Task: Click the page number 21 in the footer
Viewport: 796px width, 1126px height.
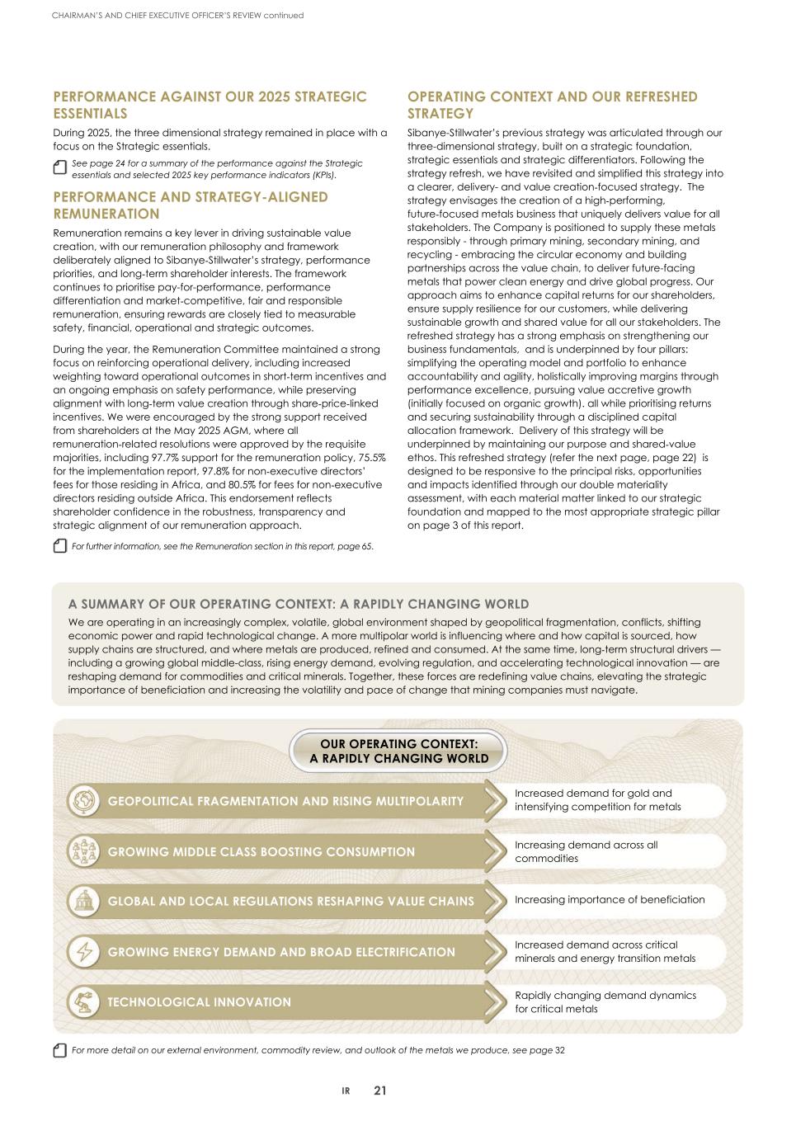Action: click(379, 1091)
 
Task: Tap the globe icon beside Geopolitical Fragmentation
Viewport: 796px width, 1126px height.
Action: click(83, 801)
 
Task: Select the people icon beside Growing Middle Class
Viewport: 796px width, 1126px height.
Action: click(83, 851)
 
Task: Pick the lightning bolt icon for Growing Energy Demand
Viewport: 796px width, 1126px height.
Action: click(83, 952)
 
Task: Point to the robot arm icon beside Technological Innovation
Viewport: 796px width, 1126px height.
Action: click(83, 1002)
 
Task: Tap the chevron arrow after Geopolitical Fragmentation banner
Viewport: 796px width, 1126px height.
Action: click(494, 801)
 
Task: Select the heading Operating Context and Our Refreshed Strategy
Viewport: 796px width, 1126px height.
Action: click(552, 105)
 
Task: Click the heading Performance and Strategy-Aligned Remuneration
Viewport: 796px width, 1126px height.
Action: click(190, 205)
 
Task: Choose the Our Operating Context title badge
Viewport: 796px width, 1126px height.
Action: click(398, 751)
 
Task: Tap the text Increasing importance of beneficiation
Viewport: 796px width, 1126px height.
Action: click(610, 900)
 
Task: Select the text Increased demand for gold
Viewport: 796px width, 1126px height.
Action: click(593, 794)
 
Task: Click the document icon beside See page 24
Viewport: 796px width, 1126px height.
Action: click(59, 167)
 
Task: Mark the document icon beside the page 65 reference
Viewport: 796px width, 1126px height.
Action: click(59, 546)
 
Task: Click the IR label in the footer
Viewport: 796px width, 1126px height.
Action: click(346, 1091)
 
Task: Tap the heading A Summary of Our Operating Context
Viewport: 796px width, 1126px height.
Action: click(299, 604)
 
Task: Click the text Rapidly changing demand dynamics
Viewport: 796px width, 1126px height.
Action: click(605, 996)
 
